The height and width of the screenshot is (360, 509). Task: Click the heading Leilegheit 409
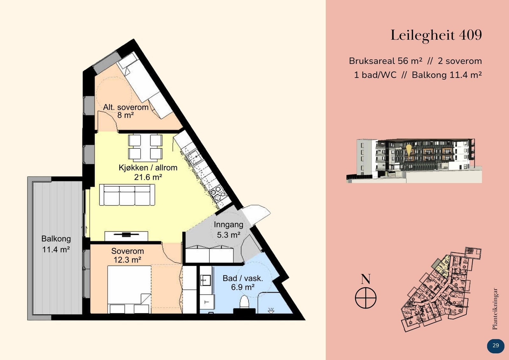(x=436, y=35)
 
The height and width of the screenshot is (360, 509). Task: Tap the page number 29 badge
(x=495, y=346)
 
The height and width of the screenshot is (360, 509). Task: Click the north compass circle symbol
(x=366, y=298)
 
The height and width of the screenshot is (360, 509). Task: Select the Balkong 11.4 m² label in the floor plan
(x=56, y=244)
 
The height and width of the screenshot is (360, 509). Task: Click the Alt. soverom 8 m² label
(x=126, y=111)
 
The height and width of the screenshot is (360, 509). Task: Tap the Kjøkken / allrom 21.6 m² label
(x=148, y=172)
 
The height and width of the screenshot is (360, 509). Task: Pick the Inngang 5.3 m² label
(x=228, y=229)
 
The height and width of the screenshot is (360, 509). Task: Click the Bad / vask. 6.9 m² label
(x=243, y=283)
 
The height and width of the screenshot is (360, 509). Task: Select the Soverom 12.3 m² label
(x=127, y=256)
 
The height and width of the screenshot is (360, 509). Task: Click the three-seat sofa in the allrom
(x=127, y=195)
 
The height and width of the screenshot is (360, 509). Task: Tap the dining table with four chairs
(x=145, y=147)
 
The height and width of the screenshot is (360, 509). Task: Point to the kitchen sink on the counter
(x=194, y=157)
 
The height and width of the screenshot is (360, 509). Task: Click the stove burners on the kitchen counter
(x=217, y=191)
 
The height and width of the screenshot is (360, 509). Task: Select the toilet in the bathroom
(x=244, y=301)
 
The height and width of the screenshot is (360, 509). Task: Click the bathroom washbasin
(x=205, y=280)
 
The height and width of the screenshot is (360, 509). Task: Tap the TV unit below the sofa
(x=126, y=236)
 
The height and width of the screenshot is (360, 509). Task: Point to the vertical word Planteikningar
(x=495, y=309)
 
